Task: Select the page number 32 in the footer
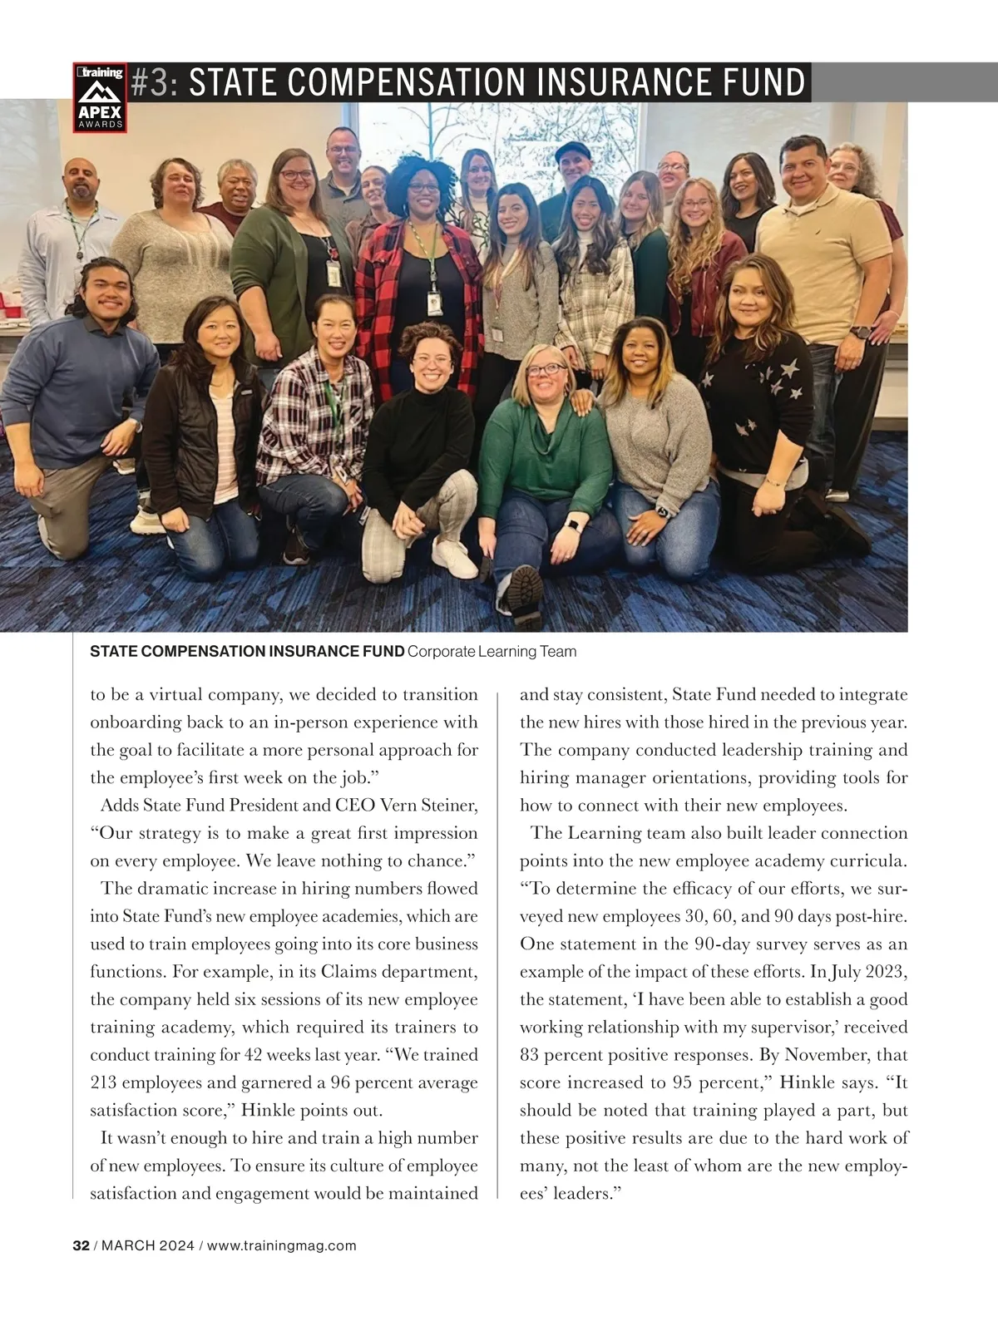[81, 1245]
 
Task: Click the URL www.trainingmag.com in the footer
[281, 1245]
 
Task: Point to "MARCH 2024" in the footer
[147, 1245]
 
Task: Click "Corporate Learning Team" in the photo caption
[492, 651]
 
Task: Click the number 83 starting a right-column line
[530, 1054]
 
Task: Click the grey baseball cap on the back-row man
[572, 150]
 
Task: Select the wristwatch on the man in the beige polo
[862, 332]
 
